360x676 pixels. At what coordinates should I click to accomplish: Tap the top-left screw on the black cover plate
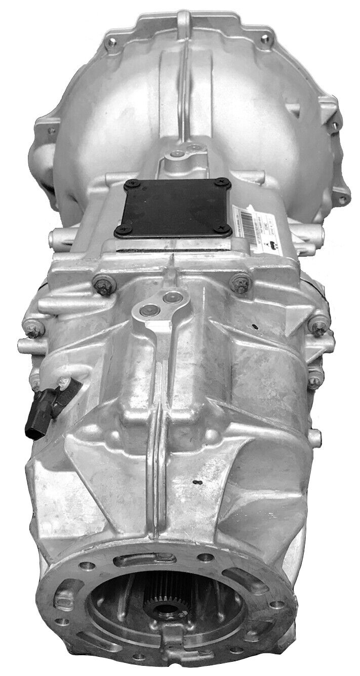(x=128, y=186)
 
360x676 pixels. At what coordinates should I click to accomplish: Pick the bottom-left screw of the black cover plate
(x=120, y=231)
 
